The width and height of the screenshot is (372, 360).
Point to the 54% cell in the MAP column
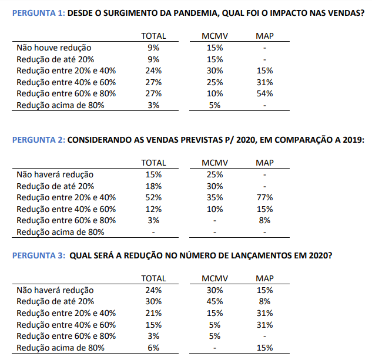[x=264, y=93]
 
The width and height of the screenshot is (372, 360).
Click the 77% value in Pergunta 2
[x=264, y=197]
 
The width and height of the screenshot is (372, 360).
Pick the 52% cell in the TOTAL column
[x=154, y=197]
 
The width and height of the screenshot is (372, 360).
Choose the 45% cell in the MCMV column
[x=215, y=301]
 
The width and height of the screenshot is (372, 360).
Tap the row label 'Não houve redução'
[x=53, y=48]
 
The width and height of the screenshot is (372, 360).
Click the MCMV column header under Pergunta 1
[x=215, y=36]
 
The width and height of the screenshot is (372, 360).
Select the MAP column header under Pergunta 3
[x=264, y=278]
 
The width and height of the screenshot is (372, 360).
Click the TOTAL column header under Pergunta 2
[x=154, y=163]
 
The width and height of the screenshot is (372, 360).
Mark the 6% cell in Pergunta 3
[x=154, y=348]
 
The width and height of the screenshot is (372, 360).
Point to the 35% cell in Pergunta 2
[x=215, y=197]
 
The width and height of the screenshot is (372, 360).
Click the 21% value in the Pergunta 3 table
[x=154, y=313]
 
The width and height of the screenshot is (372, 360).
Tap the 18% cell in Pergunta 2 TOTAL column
[x=154, y=186]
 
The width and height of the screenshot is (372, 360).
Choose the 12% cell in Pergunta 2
[x=154, y=209]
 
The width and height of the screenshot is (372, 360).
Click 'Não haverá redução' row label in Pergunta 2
[x=55, y=174]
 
